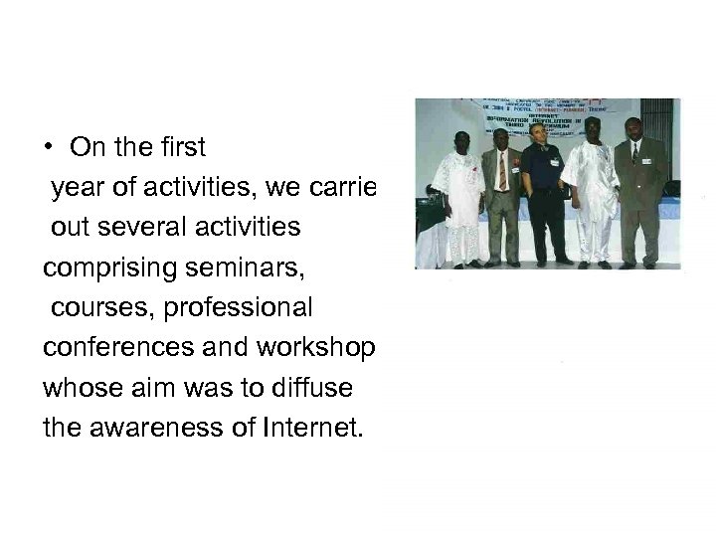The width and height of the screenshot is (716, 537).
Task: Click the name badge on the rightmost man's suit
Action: [647, 160]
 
